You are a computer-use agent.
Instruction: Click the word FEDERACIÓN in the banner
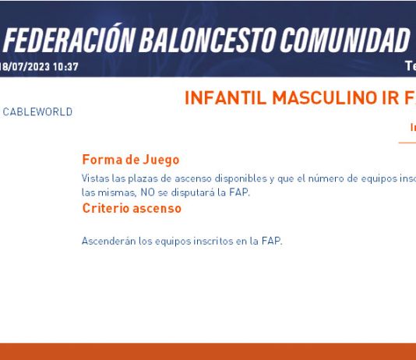click(x=69, y=40)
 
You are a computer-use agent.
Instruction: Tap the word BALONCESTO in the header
click(x=208, y=40)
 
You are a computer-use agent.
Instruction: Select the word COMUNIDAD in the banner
click(x=344, y=40)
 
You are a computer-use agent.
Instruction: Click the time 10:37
click(x=65, y=67)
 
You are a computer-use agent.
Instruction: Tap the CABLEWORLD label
click(x=37, y=112)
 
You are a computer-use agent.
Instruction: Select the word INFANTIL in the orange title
click(x=225, y=98)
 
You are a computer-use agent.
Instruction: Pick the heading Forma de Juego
click(x=131, y=160)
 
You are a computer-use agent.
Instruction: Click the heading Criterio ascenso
click(x=132, y=208)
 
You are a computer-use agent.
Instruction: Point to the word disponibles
click(x=241, y=178)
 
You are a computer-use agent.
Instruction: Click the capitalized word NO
click(x=147, y=192)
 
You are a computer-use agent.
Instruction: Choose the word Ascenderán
click(x=108, y=241)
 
